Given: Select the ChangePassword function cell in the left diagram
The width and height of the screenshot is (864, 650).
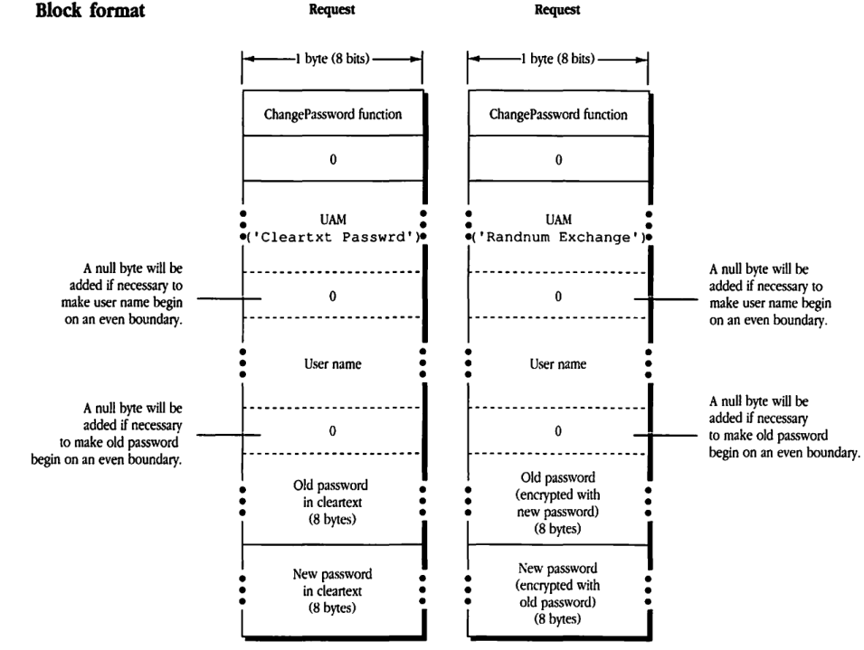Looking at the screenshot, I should click(332, 115).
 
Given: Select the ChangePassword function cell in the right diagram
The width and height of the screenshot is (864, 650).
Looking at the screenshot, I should click(557, 115).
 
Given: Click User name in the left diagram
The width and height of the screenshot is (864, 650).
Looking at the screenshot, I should click(332, 364).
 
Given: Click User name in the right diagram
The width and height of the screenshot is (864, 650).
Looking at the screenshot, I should click(557, 364).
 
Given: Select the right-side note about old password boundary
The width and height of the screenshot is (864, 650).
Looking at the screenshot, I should click(783, 426).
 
